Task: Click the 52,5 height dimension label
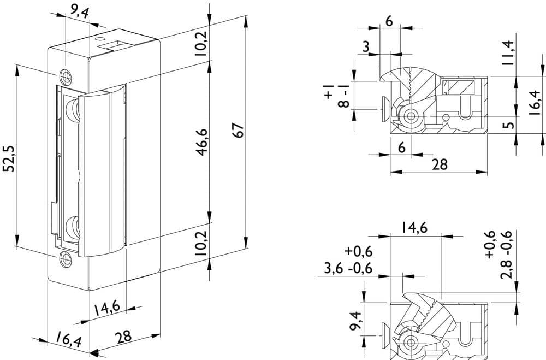pyautogui.click(x=9, y=158)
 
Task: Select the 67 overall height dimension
pyautogui.click(x=239, y=131)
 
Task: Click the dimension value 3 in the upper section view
pyautogui.click(x=366, y=46)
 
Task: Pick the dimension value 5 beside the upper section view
pyautogui.click(x=509, y=125)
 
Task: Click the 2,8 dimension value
pyautogui.click(x=506, y=269)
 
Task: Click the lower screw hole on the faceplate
pyautogui.click(x=66, y=259)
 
